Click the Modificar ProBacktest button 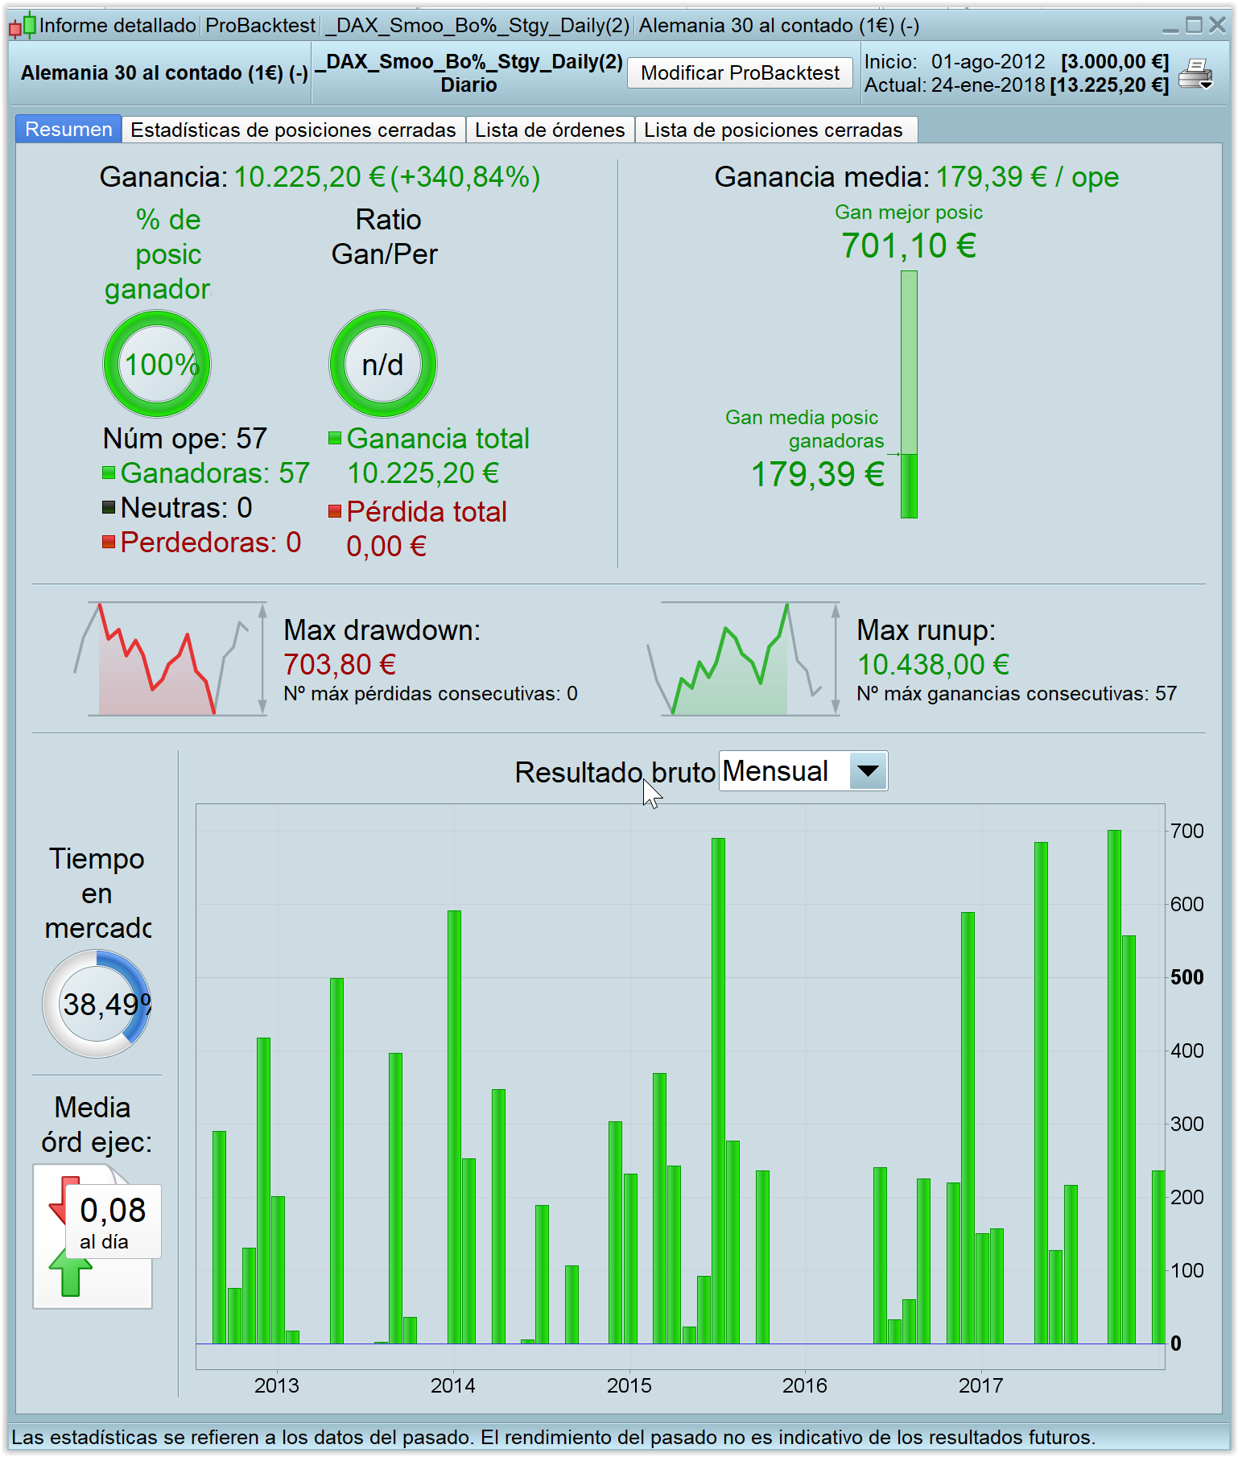pyautogui.click(x=740, y=73)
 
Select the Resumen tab pyautogui.click(x=68, y=130)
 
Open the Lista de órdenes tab pyautogui.click(x=550, y=130)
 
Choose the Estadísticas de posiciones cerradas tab pyautogui.click(x=293, y=130)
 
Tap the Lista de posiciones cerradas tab pyautogui.click(x=773, y=130)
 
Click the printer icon pyautogui.click(x=1195, y=74)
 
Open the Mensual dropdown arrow pyautogui.click(x=868, y=770)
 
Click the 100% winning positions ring pyautogui.click(x=158, y=364)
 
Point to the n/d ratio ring pyautogui.click(x=383, y=364)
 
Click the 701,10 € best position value pyautogui.click(x=908, y=246)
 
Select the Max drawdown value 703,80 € pyautogui.click(x=340, y=665)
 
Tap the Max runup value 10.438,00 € pyautogui.click(x=933, y=665)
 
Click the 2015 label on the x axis pyautogui.click(x=629, y=1385)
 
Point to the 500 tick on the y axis pyautogui.click(x=1186, y=977)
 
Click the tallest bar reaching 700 pyautogui.click(x=1114, y=1087)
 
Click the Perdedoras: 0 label pyautogui.click(x=210, y=543)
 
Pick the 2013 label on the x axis pyautogui.click(x=277, y=1385)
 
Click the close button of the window pyautogui.click(x=1217, y=26)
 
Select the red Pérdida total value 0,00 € pyautogui.click(x=386, y=547)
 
